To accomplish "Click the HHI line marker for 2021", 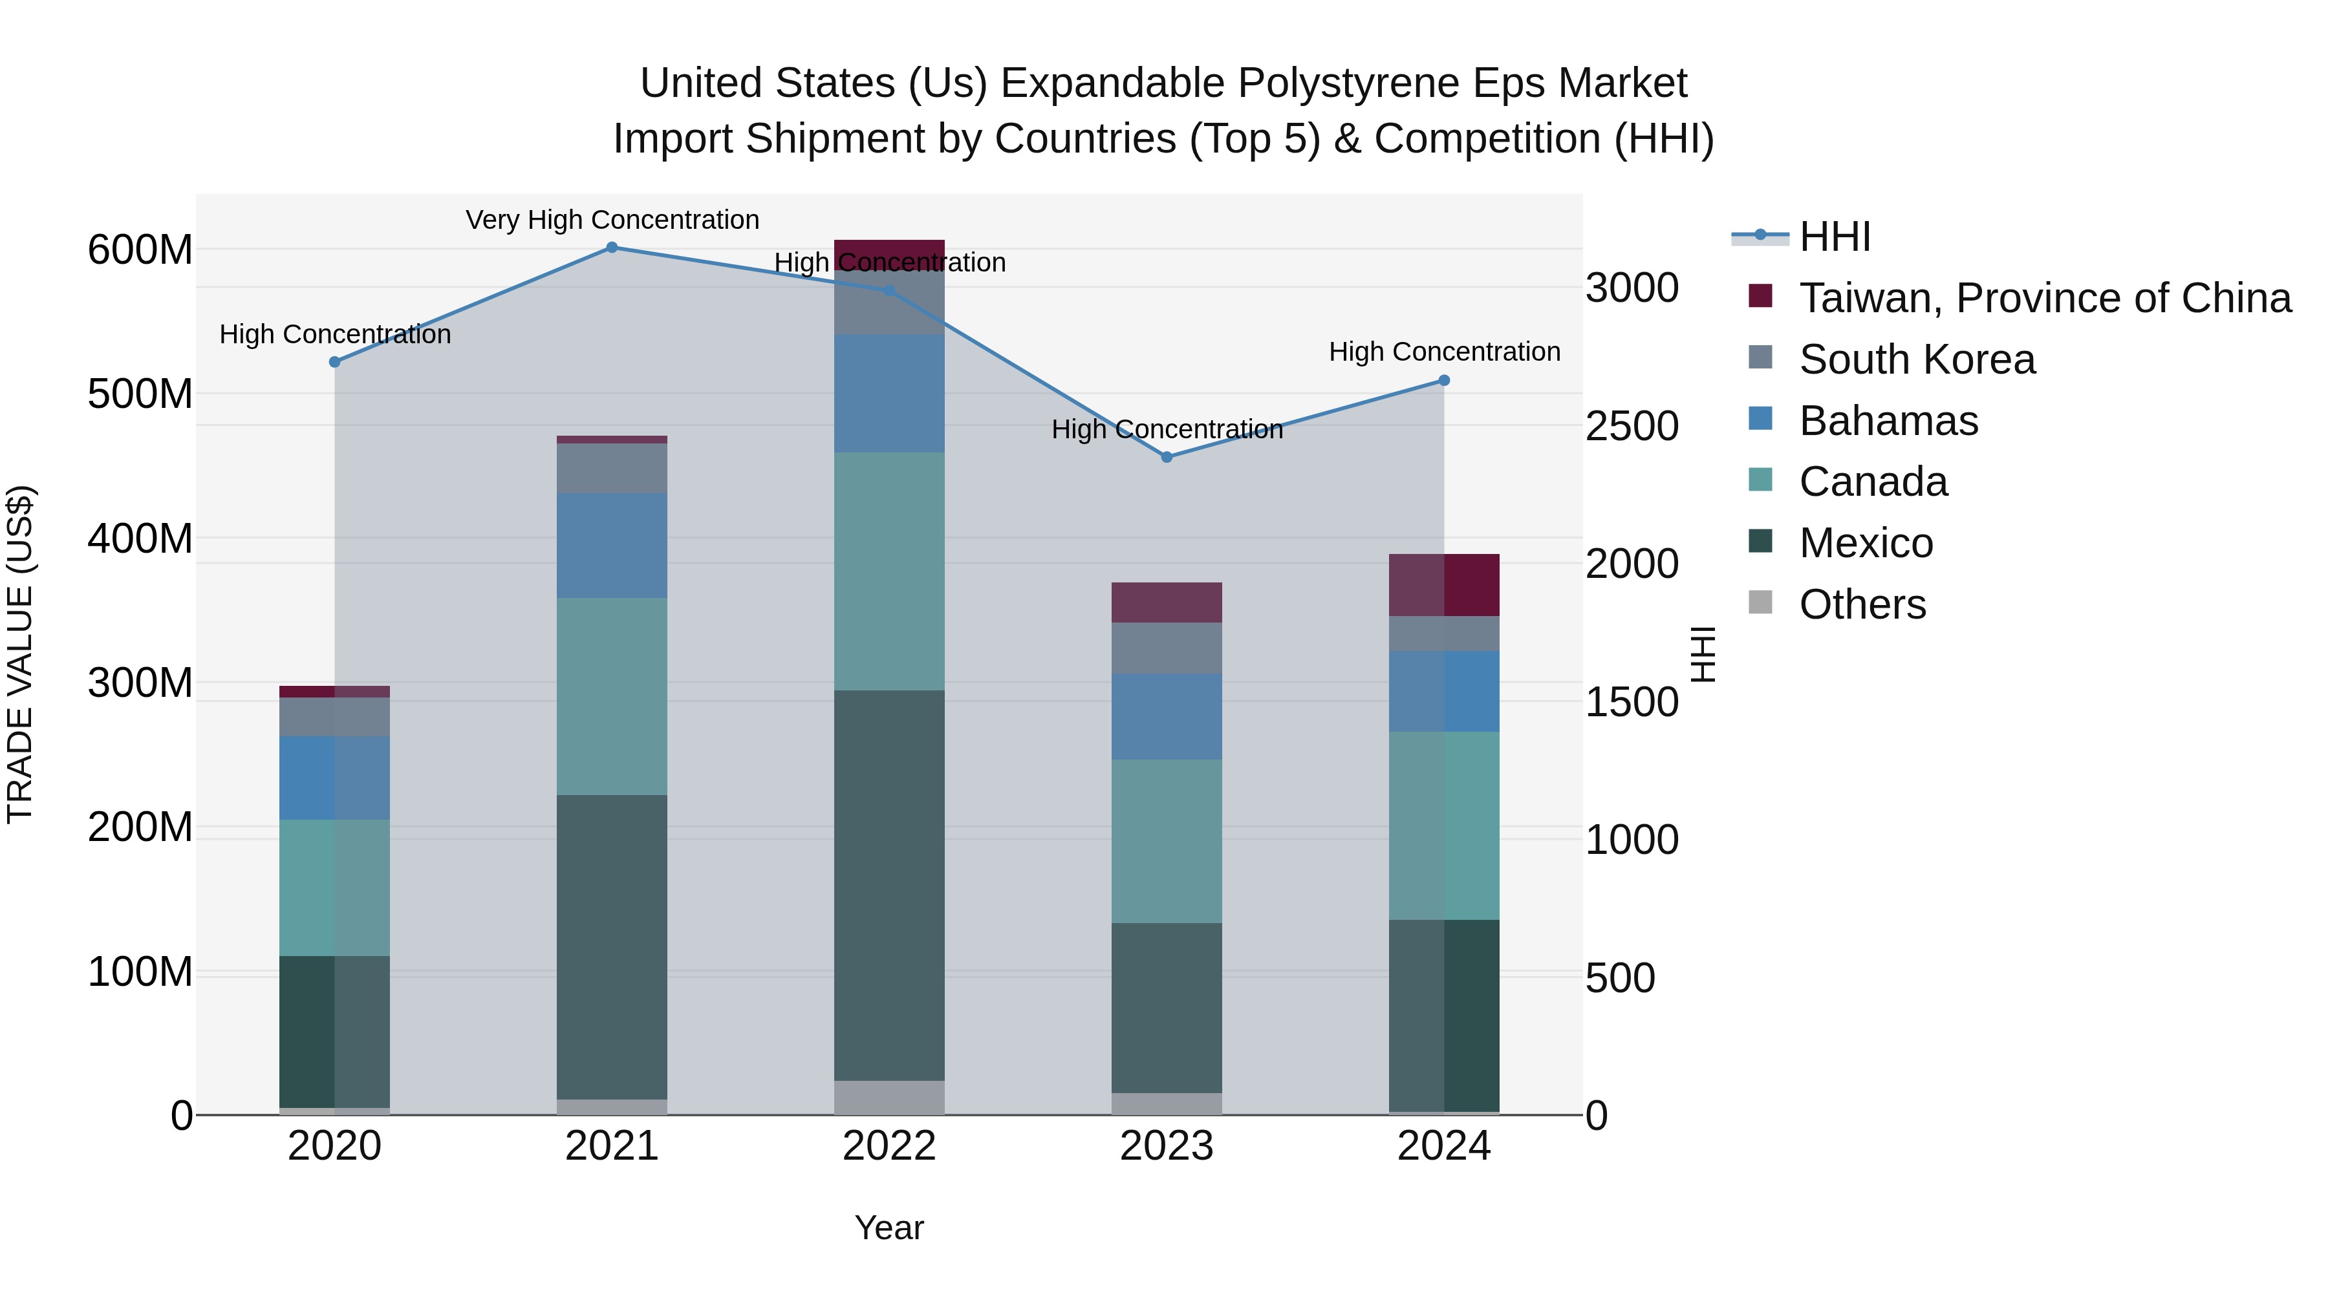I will pos(612,248).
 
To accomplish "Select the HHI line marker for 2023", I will pos(1167,457).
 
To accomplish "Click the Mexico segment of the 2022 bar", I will pos(889,886).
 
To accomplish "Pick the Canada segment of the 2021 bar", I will pos(612,696).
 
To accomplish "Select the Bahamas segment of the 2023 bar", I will pos(1167,716).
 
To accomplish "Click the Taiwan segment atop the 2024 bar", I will pos(1444,586).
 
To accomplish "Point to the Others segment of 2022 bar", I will pos(889,1098).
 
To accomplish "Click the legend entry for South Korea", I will pos(1916,359).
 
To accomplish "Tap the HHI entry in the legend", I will pos(1834,237).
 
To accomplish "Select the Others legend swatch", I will pos(1760,602).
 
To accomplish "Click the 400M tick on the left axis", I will pos(140,538).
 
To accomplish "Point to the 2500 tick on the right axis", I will pos(1632,427).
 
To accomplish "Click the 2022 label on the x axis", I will pos(889,1146).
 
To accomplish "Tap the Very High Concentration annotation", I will pos(612,220).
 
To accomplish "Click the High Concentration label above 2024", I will pos(1444,352).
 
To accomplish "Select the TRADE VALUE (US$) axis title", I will pos(20,654).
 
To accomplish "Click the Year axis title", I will pos(889,1228).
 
